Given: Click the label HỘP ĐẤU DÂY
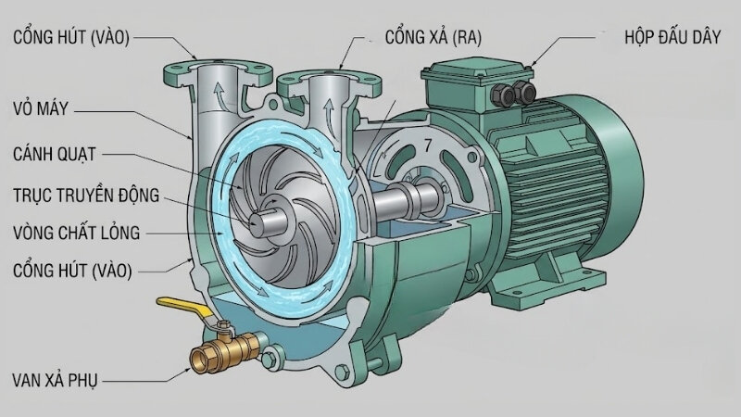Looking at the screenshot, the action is click(x=672, y=37).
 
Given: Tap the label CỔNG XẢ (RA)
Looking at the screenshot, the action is click(x=433, y=37).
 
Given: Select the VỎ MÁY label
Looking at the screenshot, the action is click(x=41, y=108).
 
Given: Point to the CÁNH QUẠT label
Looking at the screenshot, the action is click(x=55, y=154).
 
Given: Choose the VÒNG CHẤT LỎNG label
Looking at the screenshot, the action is click(x=77, y=233).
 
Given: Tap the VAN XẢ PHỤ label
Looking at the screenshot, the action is click(x=55, y=380).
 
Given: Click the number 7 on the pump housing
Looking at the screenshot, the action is click(x=427, y=145).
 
